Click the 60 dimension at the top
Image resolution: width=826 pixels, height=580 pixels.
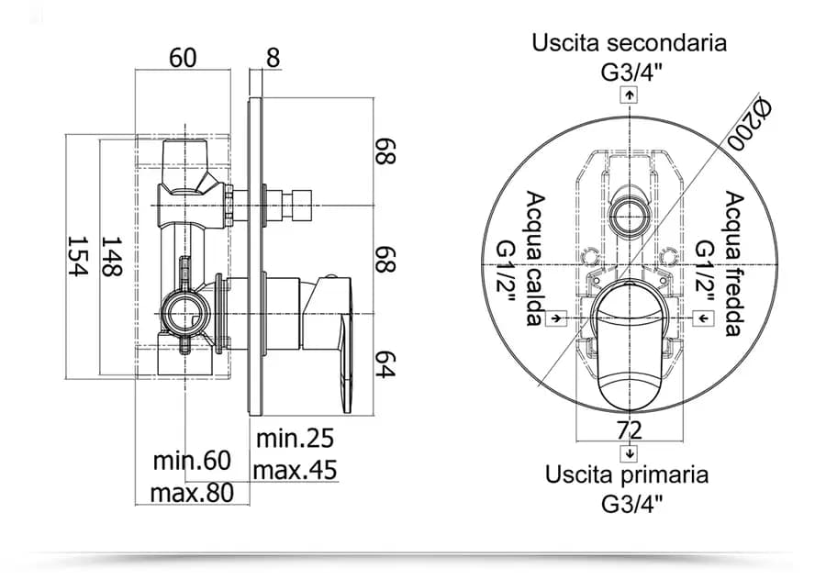point(183,58)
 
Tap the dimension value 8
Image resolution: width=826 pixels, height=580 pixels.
point(273,58)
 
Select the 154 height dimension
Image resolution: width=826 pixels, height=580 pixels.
point(77,256)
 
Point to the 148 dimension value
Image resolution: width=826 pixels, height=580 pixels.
point(112,256)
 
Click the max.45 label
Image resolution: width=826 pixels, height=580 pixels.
point(295,470)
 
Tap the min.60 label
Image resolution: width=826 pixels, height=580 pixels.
point(192,461)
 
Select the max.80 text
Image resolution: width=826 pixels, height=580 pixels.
point(192,493)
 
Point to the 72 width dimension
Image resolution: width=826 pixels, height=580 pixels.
point(630,430)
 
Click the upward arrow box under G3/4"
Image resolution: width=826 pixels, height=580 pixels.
point(629,95)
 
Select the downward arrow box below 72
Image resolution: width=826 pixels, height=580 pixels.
point(630,453)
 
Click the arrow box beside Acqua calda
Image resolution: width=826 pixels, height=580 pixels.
point(556,318)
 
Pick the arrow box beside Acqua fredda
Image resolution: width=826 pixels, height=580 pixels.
point(704,318)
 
